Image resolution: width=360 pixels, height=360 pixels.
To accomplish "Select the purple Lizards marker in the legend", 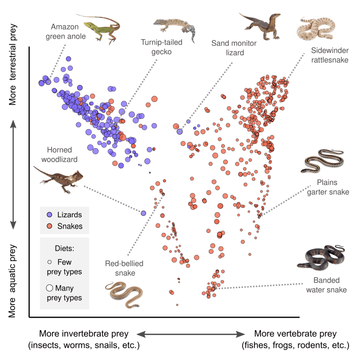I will [x=50, y=215].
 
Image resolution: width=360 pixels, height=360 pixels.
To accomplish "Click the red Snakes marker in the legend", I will [x=50, y=226].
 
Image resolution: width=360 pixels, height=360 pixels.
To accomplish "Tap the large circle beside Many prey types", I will [x=49, y=288].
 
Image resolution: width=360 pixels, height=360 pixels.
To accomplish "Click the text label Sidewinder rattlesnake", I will [x=329, y=55].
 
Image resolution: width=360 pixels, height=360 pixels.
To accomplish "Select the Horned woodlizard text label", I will [x=60, y=155].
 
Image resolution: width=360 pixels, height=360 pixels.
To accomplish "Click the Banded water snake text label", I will [x=330, y=285].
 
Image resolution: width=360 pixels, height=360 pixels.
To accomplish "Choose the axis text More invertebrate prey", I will [x=83, y=334].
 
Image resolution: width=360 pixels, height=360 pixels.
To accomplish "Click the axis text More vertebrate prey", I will [x=295, y=334].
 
